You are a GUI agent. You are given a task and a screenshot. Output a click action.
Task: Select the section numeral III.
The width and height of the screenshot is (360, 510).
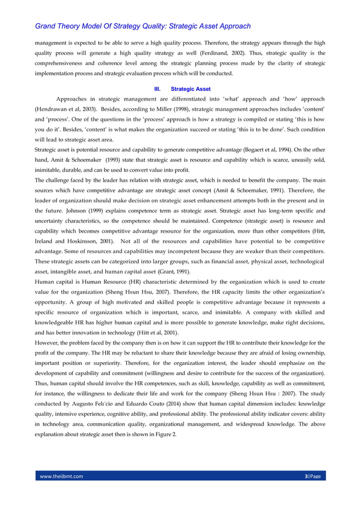coord(158,89)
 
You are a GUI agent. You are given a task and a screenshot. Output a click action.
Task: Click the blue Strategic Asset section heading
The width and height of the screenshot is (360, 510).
coord(191,89)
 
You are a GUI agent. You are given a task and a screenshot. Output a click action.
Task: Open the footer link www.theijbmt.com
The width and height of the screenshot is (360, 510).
coord(61,476)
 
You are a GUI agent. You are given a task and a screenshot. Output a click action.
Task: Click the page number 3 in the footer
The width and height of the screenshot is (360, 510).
coord(305,476)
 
